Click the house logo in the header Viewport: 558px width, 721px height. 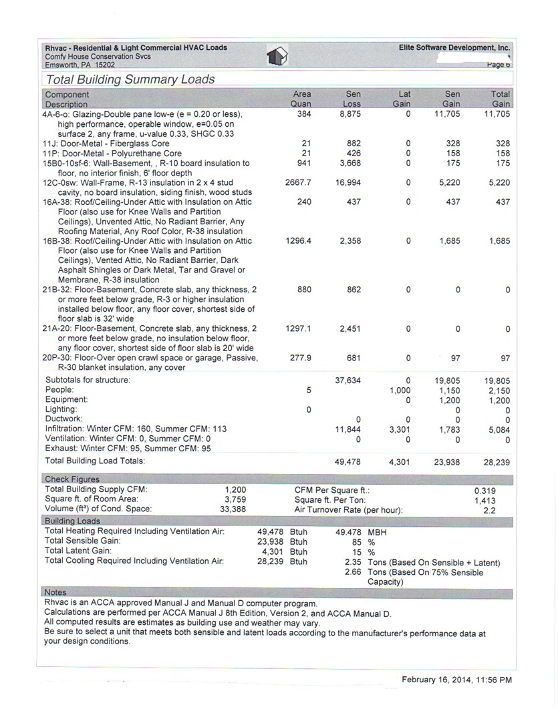[x=277, y=56]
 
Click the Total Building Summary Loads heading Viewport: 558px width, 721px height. [x=130, y=79]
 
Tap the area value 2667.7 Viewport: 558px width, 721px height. [x=298, y=182]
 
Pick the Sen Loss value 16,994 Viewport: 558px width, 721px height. [x=347, y=182]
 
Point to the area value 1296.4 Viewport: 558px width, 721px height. [x=298, y=241]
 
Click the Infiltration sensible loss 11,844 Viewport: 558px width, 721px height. [x=347, y=430]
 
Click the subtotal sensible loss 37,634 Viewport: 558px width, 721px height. [x=347, y=381]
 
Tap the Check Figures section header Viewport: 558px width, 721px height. [x=72, y=479]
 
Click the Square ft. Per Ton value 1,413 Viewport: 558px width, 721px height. [x=484, y=500]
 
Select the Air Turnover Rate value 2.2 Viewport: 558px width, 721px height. [x=489, y=510]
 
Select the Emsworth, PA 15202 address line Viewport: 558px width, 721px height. [x=80, y=65]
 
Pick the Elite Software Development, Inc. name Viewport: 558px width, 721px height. [x=454, y=48]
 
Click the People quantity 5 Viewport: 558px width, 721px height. [x=308, y=390]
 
